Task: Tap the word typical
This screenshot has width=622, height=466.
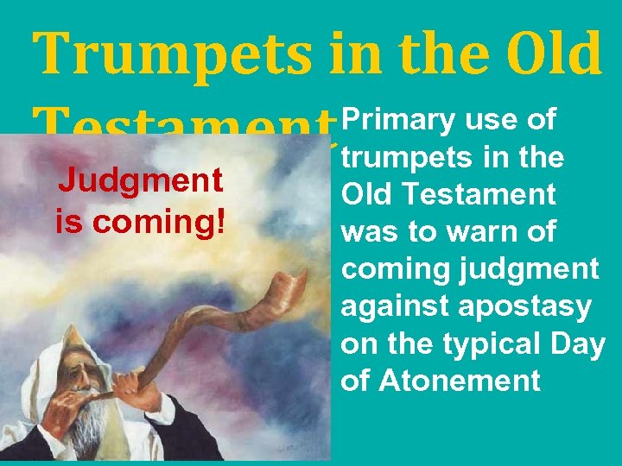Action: [x=489, y=343]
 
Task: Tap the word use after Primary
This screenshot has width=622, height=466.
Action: [x=492, y=122]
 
